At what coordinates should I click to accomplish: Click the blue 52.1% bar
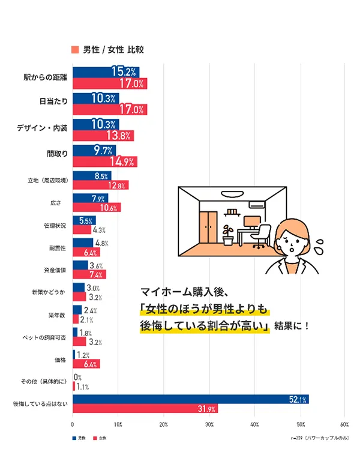click(190, 399)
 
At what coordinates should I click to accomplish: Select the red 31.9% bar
click(145, 409)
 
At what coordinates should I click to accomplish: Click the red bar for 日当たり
click(109, 110)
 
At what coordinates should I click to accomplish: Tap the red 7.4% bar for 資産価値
click(89, 275)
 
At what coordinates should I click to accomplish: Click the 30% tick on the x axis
click(209, 424)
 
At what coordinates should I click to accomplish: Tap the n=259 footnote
click(318, 438)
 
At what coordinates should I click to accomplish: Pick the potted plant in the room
click(227, 234)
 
